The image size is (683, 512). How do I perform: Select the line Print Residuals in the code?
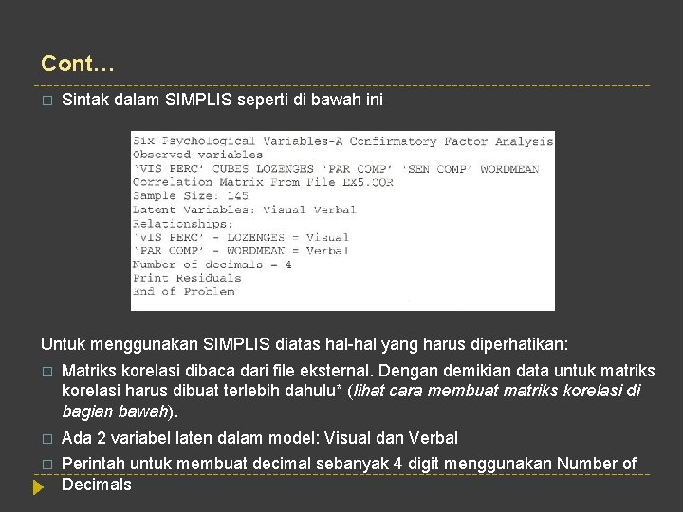[186, 278]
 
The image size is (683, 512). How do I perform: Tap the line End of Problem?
[182, 292]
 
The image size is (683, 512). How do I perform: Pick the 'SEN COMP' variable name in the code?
[437, 169]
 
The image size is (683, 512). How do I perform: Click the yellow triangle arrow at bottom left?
[38, 488]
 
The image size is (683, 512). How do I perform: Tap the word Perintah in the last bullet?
[92, 464]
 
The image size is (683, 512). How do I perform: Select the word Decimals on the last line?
[96, 485]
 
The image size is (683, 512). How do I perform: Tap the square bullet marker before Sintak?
[46, 101]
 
